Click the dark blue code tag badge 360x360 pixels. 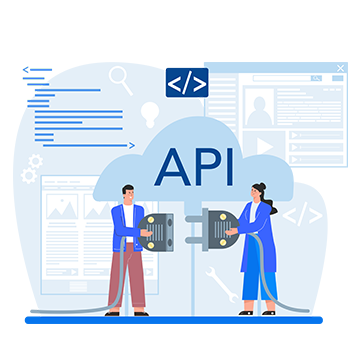[x=186, y=81]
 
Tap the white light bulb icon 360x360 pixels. [x=150, y=112]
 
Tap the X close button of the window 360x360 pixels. [x=340, y=69]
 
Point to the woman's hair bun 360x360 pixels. [x=258, y=186]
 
